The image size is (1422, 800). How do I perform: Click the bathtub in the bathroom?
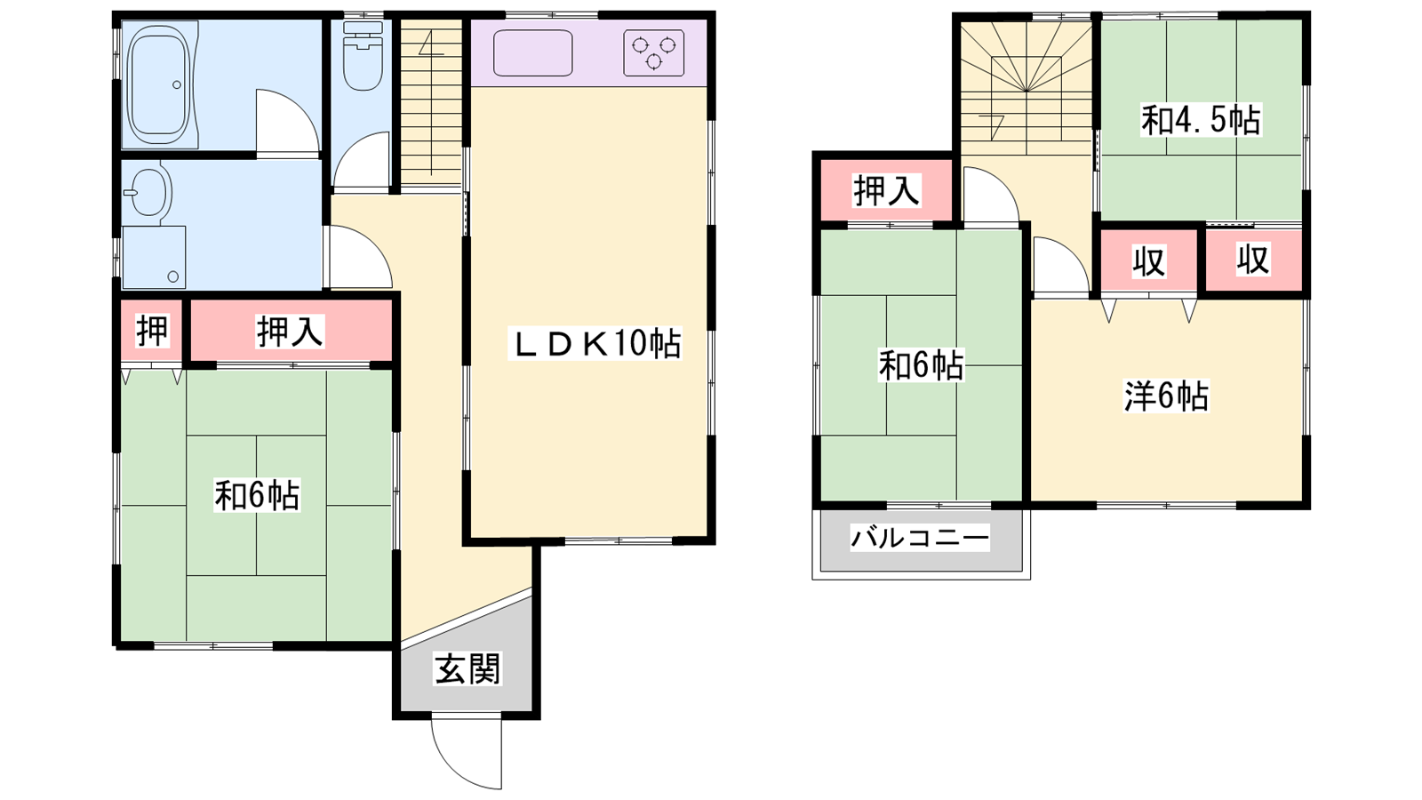pyautogui.click(x=159, y=84)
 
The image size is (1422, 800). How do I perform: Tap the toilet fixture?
pyautogui.click(x=363, y=56)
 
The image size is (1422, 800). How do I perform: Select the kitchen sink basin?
pyautogui.click(x=532, y=53)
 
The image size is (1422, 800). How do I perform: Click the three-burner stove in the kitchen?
pyautogui.click(x=653, y=52)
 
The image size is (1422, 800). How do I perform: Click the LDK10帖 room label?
pyautogui.click(x=595, y=343)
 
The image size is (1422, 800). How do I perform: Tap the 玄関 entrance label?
pyautogui.click(x=467, y=668)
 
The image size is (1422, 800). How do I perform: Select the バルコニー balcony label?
pyautogui.click(x=920, y=539)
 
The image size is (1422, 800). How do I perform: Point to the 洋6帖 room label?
pyautogui.click(x=1166, y=396)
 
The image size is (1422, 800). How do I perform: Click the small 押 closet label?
pyautogui.click(x=152, y=331)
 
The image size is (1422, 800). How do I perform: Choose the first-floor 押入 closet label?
pyautogui.click(x=290, y=332)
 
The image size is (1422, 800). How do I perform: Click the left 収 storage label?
pyautogui.click(x=1149, y=261)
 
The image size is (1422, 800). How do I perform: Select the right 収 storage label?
pyautogui.click(x=1253, y=260)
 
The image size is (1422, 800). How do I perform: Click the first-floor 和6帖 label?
pyautogui.click(x=257, y=495)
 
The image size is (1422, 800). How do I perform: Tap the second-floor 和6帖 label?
pyautogui.click(x=921, y=365)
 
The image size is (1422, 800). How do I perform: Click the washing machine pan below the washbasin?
pyautogui.click(x=155, y=257)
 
